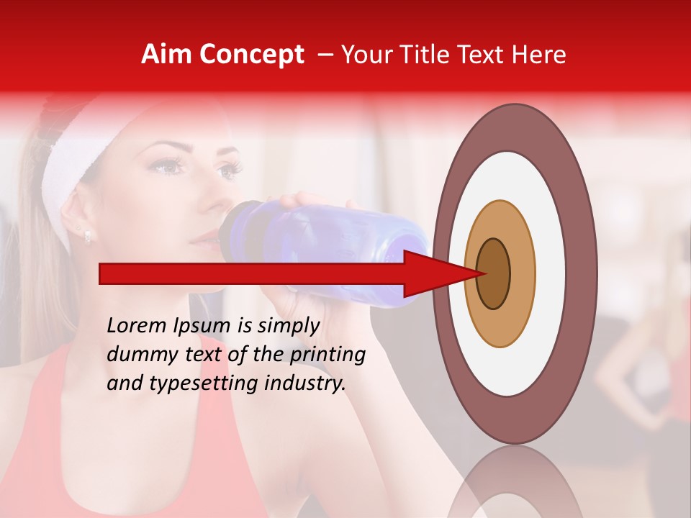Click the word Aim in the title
point(166,55)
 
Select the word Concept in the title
point(251,55)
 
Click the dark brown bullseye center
point(494,273)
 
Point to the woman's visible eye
point(165,167)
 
